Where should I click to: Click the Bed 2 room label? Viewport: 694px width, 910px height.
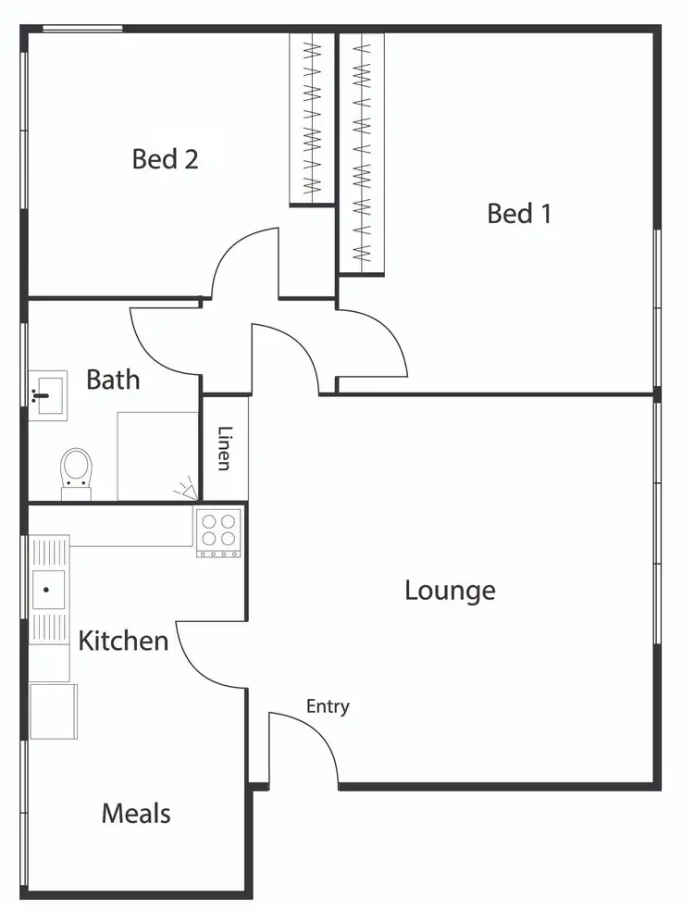[165, 159]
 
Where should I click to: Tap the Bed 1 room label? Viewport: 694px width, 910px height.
[519, 214]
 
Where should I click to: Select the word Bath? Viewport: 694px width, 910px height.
[113, 380]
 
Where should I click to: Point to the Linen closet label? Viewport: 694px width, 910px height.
[225, 448]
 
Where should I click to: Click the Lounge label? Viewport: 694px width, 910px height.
[450, 591]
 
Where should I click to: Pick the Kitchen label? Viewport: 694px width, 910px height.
[123, 641]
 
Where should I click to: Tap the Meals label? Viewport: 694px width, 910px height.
[136, 814]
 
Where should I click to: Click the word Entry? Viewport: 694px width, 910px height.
[328, 707]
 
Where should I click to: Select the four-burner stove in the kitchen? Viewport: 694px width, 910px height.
[218, 532]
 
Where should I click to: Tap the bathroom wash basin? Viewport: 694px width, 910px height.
[46, 395]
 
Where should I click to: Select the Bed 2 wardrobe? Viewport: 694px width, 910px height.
[312, 118]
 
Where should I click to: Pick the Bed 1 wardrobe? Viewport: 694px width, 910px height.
[361, 153]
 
